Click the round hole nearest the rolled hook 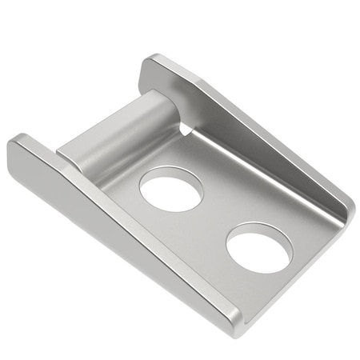171,189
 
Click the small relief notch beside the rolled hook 186,127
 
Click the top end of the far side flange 152,62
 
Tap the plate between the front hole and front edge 276,284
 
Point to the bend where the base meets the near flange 160,240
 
